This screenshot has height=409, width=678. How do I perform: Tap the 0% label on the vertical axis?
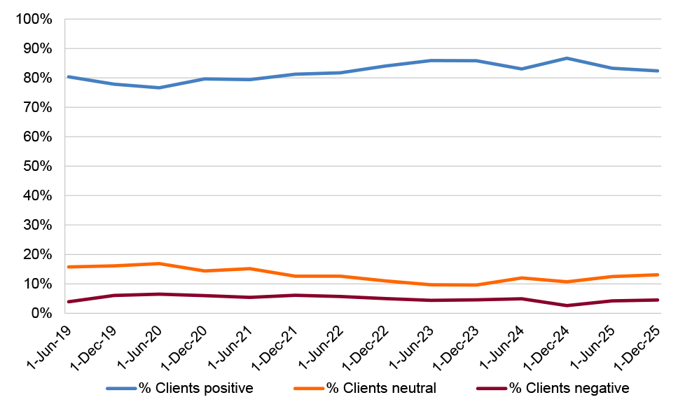pos(42,313)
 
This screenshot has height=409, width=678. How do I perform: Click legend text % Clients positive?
pos(195,388)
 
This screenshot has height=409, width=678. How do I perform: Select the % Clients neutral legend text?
pos(381,388)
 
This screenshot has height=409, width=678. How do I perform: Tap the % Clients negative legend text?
pos(569,388)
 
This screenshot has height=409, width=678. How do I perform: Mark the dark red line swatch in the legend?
pos(492,388)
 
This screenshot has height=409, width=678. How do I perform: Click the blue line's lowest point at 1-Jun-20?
pos(158,88)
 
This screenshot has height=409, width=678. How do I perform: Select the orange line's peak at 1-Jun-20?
pos(158,263)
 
